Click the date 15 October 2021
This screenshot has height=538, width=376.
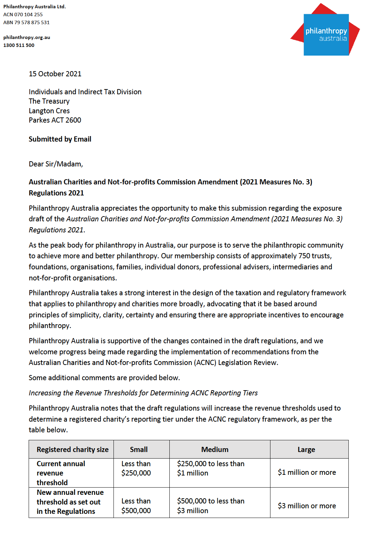coord(55,74)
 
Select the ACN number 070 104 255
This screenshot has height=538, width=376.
coord(28,15)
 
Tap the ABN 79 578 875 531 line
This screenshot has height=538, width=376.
coord(27,22)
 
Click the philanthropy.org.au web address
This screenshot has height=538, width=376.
coord(27,37)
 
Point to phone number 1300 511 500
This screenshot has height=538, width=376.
coord(19,45)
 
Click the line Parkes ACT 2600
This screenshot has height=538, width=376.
coord(55,120)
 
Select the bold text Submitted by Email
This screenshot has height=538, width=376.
coord(60,139)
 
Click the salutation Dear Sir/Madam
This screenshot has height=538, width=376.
coord(56,164)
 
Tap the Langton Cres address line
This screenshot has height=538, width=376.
coord(49,111)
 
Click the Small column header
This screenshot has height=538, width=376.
coord(139,450)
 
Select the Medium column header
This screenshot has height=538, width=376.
coord(215,450)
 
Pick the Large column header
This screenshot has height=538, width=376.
coord(306,450)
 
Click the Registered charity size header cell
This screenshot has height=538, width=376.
coord(72,450)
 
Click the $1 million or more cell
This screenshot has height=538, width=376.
coord(307,472)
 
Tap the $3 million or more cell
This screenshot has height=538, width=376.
coord(307,506)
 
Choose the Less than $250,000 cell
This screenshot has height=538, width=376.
coord(136,469)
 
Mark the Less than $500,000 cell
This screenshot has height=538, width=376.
coord(136,506)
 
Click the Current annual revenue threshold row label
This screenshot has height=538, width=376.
coord(61,473)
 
